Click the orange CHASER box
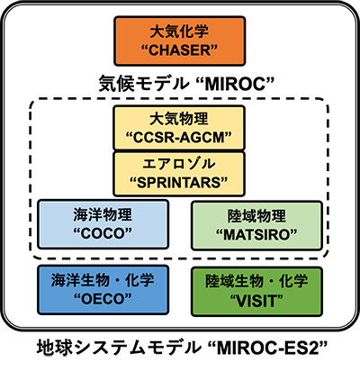pyautogui.click(x=179, y=41)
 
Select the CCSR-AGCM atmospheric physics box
pyautogui.click(x=179, y=128)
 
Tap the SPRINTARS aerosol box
pyautogui.click(x=179, y=174)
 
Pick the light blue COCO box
pyautogui.click(x=103, y=224)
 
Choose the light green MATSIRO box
pyautogui.click(x=256, y=226)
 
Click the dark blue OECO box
pyautogui.click(x=103, y=290)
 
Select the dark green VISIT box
pyautogui.click(x=256, y=291)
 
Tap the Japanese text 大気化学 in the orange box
pyautogui.click(x=179, y=32)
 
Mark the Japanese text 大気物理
pyautogui.click(x=179, y=119)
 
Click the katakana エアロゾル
pyautogui.click(x=179, y=164)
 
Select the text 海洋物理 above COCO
pyautogui.click(x=103, y=215)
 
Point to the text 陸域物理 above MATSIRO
pyautogui.click(x=256, y=216)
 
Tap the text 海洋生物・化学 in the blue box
pyautogui.click(x=103, y=280)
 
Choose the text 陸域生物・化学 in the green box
pyautogui.click(x=256, y=281)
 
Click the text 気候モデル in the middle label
pyautogui.click(x=143, y=84)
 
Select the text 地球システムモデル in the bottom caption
pyautogui.click(x=119, y=348)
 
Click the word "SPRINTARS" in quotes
pyautogui.click(x=179, y=183)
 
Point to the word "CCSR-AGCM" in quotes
pyautogui.click(x=179, y=138)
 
